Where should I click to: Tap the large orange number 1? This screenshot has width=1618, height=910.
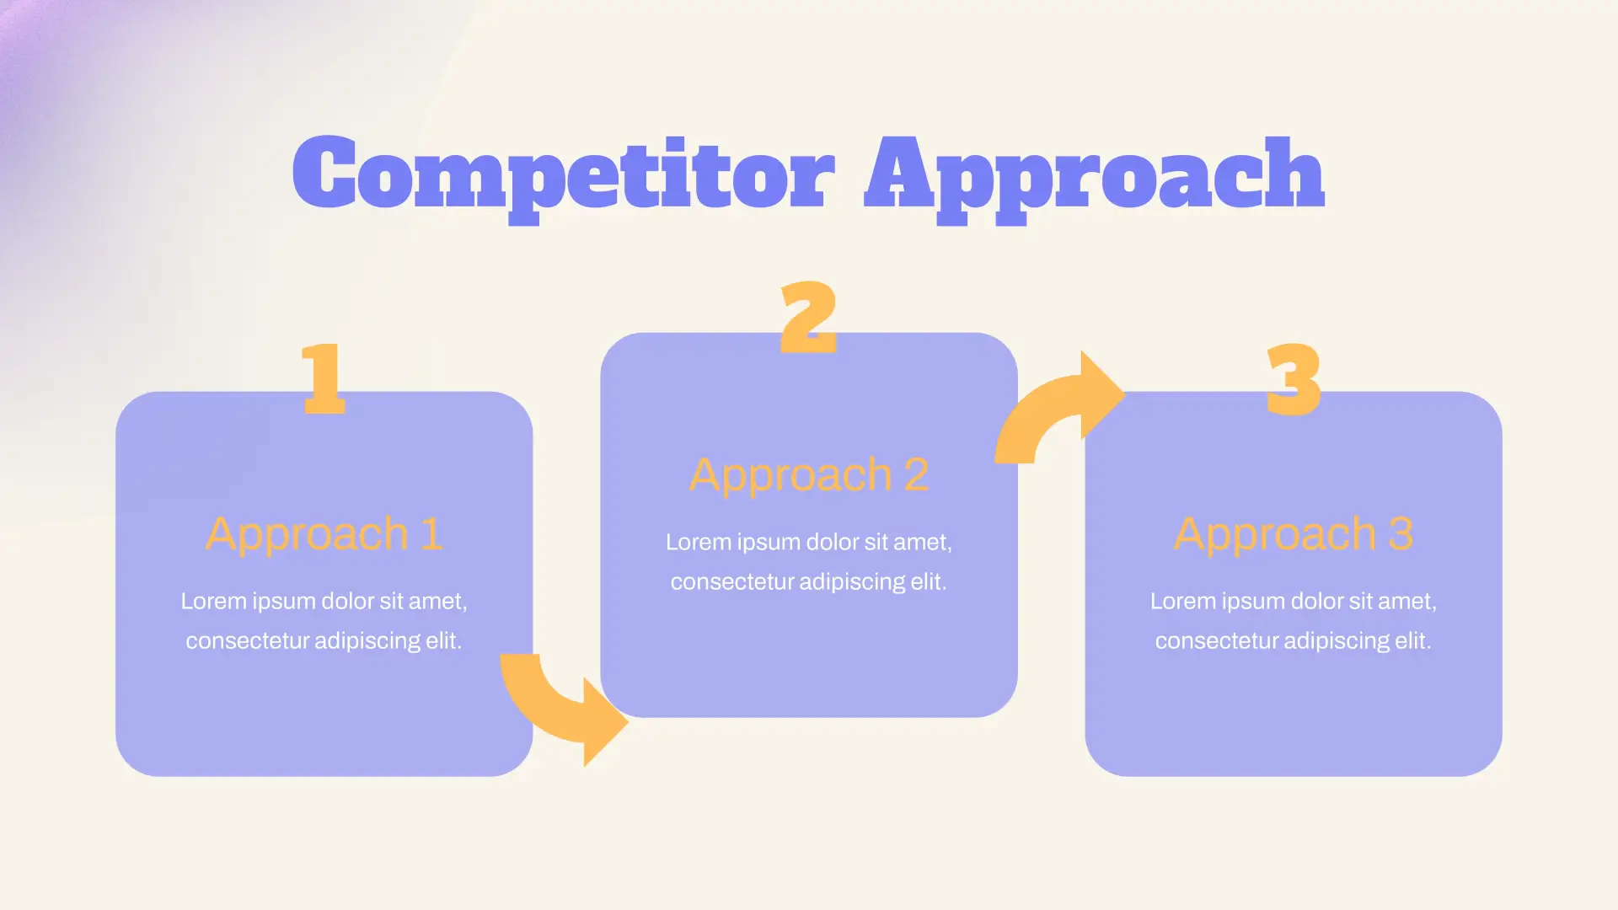[x=324, y=378]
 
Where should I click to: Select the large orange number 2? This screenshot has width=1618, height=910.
[x=809, y=317]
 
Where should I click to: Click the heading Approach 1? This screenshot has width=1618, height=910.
[x=324, y=534]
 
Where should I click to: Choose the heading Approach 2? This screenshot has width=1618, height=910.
[x=809, y=475]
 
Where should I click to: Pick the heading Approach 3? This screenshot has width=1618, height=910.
[x=1294, y=534]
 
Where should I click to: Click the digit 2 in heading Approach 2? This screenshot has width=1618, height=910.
[x=916, y=475]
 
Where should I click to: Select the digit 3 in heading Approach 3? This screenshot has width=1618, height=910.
[x=1401, y=534]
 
